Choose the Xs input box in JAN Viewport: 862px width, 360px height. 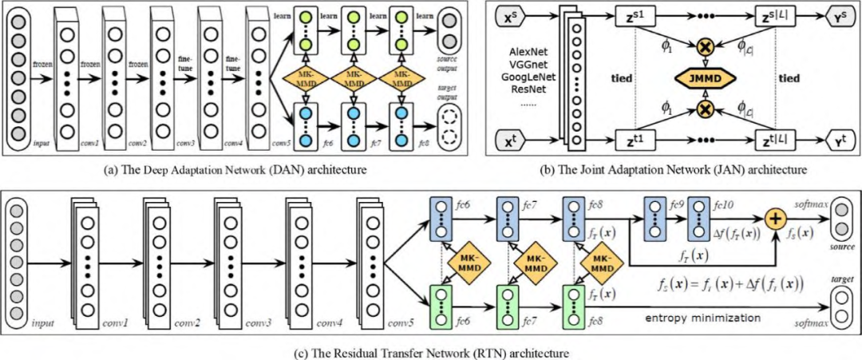[x=511, y=17]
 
